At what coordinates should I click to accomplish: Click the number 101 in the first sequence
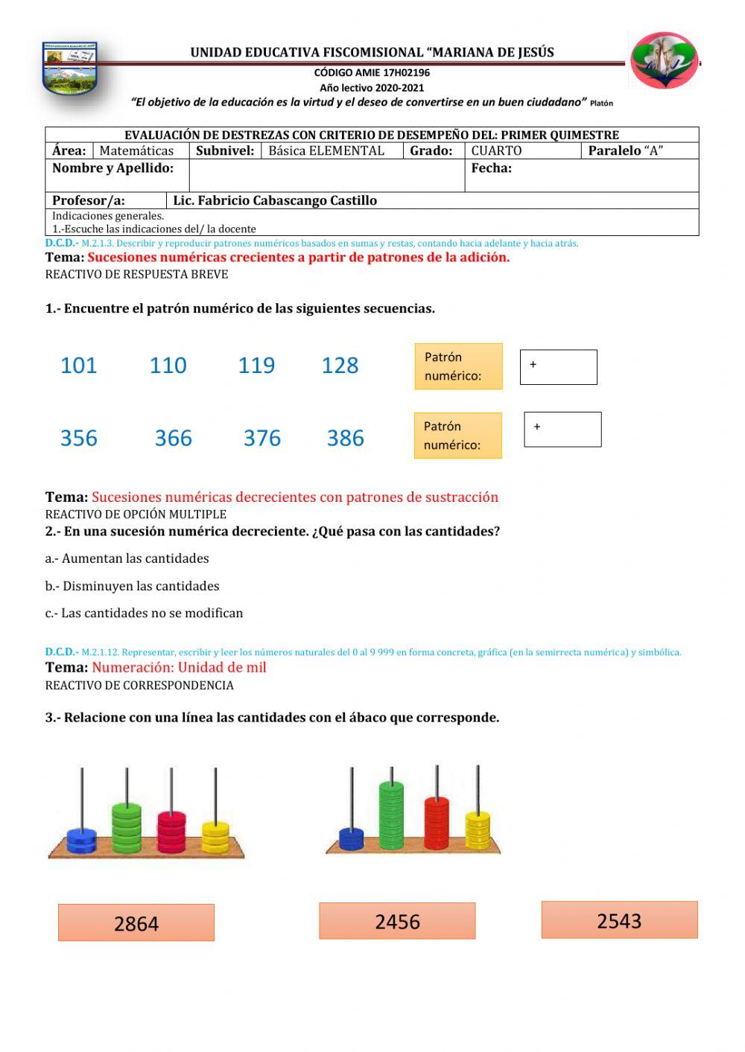tap(78, 366)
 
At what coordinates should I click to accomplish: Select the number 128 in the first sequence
tap(340, 366)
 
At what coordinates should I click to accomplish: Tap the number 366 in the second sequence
tap(173, 439)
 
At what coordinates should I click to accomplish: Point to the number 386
tap(345, 439)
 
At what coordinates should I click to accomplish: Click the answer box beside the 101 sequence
tap(558, 367)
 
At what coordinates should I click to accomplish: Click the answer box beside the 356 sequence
tap(562, 430)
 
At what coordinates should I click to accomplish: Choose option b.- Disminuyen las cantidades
tap(132, 586)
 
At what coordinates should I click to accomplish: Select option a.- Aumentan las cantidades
tap(127, 558)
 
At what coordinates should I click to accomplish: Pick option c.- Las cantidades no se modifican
tap(144, 613)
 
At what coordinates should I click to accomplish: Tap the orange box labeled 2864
tap(136, 923)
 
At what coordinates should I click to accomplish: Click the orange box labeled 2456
tap(397, 922)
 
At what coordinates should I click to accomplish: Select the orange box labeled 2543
tap(619, 920)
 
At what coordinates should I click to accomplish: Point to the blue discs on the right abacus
tap(351, 838)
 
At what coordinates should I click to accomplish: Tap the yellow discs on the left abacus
tap(215, 837)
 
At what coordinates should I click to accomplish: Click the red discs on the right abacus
tap(437, 823)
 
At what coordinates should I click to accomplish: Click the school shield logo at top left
tap(69, 68)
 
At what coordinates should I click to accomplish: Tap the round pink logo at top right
tap(664, 61)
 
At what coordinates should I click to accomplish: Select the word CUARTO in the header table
tap(496, 150)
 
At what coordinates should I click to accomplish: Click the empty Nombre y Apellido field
tap(326, 176)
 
